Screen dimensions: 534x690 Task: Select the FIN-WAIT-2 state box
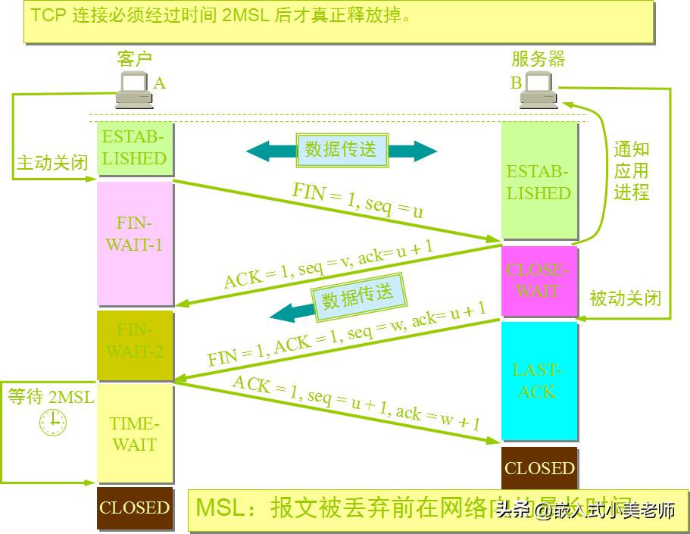[x=135, y=345]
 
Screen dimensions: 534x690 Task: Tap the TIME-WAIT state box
[x=135, y=434]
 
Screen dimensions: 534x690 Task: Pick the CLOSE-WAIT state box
[x=539, y=281]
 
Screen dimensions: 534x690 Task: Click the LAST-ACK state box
[x=539, y=381]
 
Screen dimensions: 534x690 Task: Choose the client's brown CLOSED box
[x=134, y=507]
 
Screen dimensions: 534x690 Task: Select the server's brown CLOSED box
[x=539, y=468]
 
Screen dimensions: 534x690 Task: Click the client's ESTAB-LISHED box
[x=135, y=148]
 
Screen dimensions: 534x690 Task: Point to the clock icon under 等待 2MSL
[x=53, y=421]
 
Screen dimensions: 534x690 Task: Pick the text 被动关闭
[x=626, y=298]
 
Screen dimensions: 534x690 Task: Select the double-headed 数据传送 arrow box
[x=342, y=149]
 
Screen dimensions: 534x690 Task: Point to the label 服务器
[x=538, y=59]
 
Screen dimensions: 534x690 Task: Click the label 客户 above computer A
[x=135, y=59]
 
